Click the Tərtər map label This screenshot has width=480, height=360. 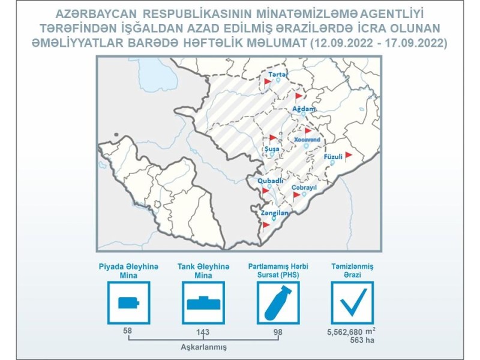(x=278, y=74)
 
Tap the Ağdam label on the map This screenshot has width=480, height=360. (x=304, y=109)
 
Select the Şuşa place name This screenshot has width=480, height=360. (x=272, y=149)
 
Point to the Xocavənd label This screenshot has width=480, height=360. (x=307, y=140)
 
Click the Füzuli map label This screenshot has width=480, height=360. (x=333, y=157)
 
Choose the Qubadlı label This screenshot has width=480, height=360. (x=270, y=181)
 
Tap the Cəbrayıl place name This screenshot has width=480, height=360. (x=304, y=187)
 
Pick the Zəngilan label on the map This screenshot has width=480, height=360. (x=275, y=213)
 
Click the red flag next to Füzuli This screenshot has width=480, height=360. (x=348, y=156)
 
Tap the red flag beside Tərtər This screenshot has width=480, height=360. (x=267, y=83)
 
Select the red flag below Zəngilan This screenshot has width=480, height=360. (x=266, y=226)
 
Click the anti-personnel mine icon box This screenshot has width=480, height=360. (x=128, y=303)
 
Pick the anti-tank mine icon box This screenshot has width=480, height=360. (x=203, y=303)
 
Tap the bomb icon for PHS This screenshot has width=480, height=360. (x=278, y=303)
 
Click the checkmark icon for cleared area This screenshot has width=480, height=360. (x=353, y=303)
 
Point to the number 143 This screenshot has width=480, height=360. (x=203, y=332)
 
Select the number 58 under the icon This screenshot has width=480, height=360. (x=128, y=331)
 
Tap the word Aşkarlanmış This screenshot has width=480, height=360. (x=203, y=347)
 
